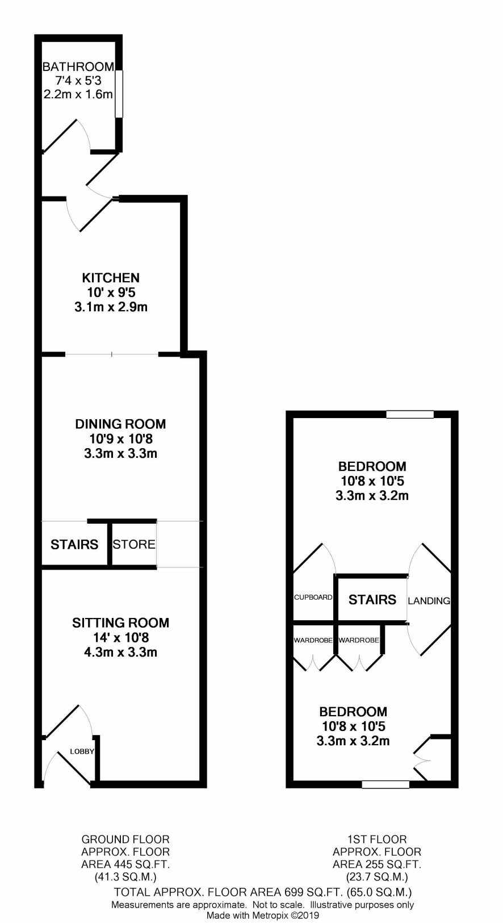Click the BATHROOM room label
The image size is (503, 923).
(x=78, y=66)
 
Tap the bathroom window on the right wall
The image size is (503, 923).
(x=119, y=94)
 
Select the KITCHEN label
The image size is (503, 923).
(x=111, y=278)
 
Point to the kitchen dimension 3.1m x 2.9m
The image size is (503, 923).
(x=111, y=307)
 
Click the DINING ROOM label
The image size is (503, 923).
(x=120, y=424)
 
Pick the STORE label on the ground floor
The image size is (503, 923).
(x=134, y=544)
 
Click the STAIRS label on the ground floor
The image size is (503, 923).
(x=74, y=544)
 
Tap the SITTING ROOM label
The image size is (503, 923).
(x=121, y=623)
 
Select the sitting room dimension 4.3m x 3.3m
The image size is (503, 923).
(x=121, y=652)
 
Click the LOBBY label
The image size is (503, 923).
(x=82, y=751)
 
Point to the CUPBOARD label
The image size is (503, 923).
(x=313, y=597)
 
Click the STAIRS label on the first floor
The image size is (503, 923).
(x=372, y=600)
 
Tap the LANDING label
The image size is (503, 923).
(x=429, y=601)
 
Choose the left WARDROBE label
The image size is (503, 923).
(x=313, y=640)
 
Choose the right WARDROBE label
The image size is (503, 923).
(x=359, y=640)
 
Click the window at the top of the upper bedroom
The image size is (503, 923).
(x=410, y=414)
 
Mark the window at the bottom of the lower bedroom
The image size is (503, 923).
(x=385, y=784)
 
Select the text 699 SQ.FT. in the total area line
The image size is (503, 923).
(x=314, y=892)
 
